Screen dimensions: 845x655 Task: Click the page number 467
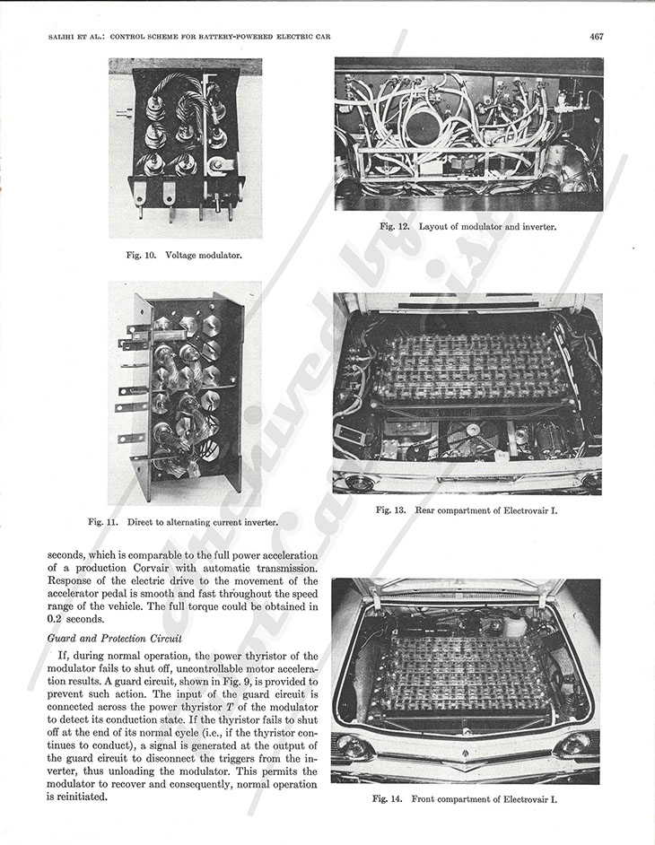point(596,37)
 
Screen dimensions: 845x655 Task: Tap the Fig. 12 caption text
point(467,227)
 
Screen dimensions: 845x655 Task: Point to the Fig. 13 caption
point(467,510)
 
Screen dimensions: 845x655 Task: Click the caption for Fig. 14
point(465,798)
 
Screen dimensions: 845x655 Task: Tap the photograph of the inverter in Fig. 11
point(184,393)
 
